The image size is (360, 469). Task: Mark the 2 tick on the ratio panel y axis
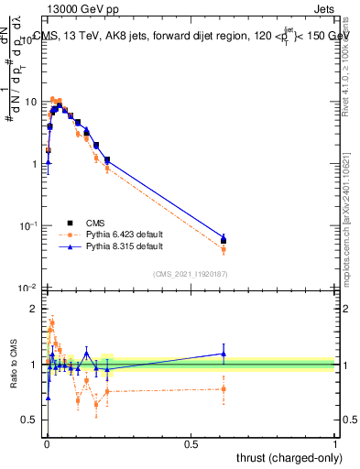coord(37,309)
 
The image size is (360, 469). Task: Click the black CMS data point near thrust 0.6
coord(224,241)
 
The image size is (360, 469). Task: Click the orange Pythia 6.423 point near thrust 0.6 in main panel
coord(224,249)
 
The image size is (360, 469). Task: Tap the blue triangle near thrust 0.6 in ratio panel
coord(224,354)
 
